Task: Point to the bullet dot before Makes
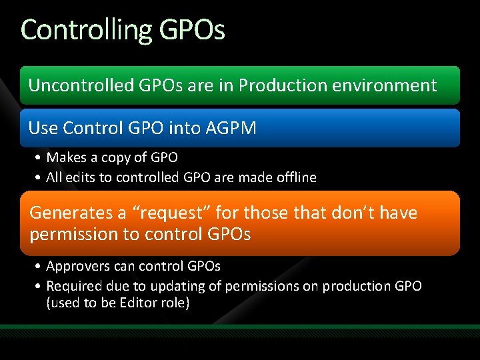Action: pos(39,159)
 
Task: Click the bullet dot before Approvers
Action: pos(39,267)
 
